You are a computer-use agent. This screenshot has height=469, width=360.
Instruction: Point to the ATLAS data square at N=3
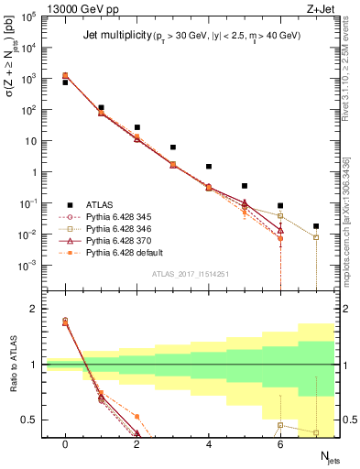tap(172, 147)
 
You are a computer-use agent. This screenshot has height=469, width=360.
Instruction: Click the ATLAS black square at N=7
tap(316, 225)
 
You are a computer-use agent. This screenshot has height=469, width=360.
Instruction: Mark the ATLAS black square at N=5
tap(245, 186)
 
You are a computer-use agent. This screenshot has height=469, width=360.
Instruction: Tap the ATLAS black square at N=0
tap(65, 82)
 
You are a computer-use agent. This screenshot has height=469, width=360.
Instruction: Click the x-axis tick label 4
tap(208, 443)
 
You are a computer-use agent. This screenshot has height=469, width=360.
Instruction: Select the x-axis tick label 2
tap(136, 443)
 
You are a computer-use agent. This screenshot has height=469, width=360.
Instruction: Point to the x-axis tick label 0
tap(65, 443)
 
